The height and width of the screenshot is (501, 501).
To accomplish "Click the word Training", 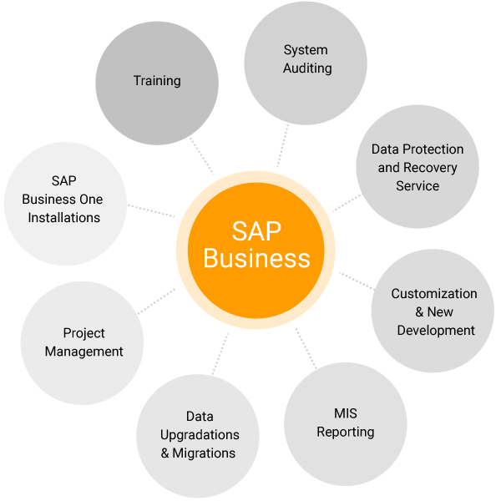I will click(157, 81).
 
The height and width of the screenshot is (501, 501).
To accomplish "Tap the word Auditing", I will click(307, 68).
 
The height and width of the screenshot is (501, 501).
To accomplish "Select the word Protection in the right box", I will click(433, 149).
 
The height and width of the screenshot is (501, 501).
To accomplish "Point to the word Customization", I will click(434, 294).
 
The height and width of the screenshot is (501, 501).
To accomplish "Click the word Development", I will click(436, 331).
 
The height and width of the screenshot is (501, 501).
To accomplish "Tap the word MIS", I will click(346, 414).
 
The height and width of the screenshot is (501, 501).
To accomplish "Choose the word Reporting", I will click(346, 433).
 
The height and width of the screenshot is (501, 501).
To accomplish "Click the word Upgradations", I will click(200, 435).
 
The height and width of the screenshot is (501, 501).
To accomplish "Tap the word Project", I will click(84, 333).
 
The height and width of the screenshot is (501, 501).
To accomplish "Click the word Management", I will click(84, 352).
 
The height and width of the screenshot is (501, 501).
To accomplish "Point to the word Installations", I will click(64, 218).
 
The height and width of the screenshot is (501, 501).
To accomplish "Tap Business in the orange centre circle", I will click(257, 259).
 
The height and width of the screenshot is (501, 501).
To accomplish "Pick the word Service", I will click(417, 186).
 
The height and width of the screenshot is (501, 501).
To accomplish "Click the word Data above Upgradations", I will click(200, 417).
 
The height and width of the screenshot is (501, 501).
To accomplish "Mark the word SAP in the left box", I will click(63, 181).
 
